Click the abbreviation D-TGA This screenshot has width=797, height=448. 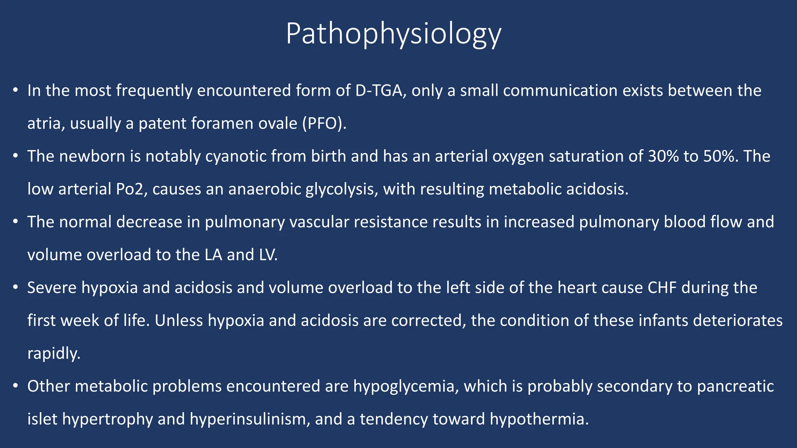380,91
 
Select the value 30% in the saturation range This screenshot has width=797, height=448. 664,156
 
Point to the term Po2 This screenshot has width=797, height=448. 130,189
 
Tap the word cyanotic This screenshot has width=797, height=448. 236,156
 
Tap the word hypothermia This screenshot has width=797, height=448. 539,419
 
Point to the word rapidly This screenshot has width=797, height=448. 54,353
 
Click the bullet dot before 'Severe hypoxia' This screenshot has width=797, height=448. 15,288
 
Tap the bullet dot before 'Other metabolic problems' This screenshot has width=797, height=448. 15,387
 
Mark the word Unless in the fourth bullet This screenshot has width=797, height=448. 179,321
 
